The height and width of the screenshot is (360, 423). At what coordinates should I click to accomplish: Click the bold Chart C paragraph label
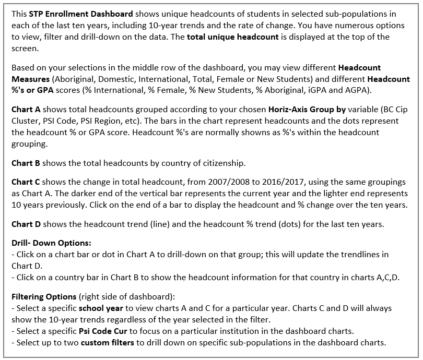pyautogui.click(x=26, y=182)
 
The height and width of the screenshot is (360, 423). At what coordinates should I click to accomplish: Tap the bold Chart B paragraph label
pyautogui.click(x=26, y=163)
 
